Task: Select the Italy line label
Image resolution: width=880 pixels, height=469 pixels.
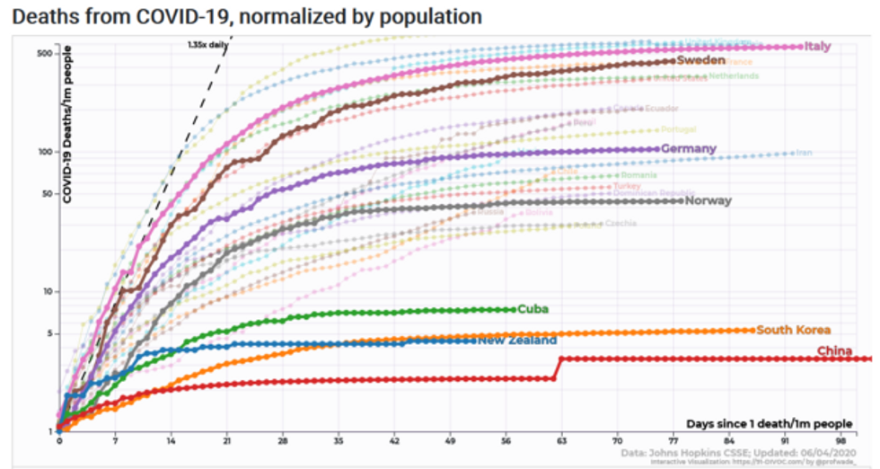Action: pyautogui.click(x=817, y=46)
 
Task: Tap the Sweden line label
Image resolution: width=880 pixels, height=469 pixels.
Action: pyautogui.click(x=700, y=60)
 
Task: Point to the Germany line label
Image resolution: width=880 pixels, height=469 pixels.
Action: pyautogui.click(x=688, y=148)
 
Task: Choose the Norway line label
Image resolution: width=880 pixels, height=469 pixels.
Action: pyautogui.click(x=708, y=200)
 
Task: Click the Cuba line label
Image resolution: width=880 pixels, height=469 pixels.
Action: pyautogui.click(x=532, y=309)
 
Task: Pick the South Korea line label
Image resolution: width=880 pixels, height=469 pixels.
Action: pyautogui.click(x=794, y=330)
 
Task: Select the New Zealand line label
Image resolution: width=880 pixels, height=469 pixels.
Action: pyautogui.click(x=517, y=341)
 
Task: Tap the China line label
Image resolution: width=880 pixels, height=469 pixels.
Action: pyautogui.click(x=834, y=350)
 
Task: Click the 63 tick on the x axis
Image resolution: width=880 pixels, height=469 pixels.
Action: pyautogui.click(x=562, y=442)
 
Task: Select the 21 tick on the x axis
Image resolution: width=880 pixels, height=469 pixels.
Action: pyautogui.click(x=226, y=442)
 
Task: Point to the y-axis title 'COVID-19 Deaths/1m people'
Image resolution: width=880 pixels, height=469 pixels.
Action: pyautogui.click(x=67, y=125)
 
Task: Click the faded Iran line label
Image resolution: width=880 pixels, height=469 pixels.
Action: pyautogui.click(x=804, y=153)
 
